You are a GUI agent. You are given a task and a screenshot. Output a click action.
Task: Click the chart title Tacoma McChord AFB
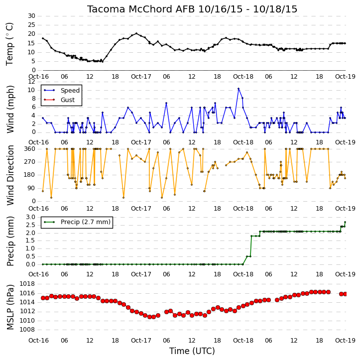(x=141, y=9)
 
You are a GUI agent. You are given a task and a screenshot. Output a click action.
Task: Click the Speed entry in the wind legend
(x=70, y=90)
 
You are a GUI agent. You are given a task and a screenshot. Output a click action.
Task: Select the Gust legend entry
(x=68, y=100)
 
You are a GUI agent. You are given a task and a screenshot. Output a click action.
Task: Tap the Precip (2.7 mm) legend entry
(x=86, y=222)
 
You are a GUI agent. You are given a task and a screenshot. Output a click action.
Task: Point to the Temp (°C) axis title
(x=9, y=44)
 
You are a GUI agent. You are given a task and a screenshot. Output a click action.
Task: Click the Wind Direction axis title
(x=10, y=175)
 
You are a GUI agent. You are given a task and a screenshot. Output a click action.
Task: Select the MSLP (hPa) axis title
(x=10, y=307)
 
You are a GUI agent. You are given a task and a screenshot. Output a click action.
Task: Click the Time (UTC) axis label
(x=192, y=351)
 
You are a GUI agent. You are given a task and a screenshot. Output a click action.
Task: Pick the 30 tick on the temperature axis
(x=31, y=16)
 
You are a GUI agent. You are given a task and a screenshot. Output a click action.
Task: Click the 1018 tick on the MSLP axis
(x=27, y=284)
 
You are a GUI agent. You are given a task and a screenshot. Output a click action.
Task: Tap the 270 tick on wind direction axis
(x=30, y=162)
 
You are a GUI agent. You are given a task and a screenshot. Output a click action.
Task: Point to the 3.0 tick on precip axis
(x=30, y=217)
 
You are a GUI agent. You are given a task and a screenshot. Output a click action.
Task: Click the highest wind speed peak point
(x=239, y=89)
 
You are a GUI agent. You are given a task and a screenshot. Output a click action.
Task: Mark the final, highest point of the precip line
(x=345, y=222)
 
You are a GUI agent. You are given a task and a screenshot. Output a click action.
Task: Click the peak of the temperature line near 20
(x=136, y=33)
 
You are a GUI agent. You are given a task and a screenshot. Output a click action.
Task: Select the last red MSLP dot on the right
(x=345, y=294)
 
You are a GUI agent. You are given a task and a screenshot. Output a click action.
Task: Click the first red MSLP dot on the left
(x=43, y=298)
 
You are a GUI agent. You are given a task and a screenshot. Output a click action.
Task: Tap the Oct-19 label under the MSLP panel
(x=345, y=340)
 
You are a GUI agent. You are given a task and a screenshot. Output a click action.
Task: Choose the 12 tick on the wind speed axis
(x=31, y=82)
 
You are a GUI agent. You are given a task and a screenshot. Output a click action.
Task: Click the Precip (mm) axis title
(x=10, y=241)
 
